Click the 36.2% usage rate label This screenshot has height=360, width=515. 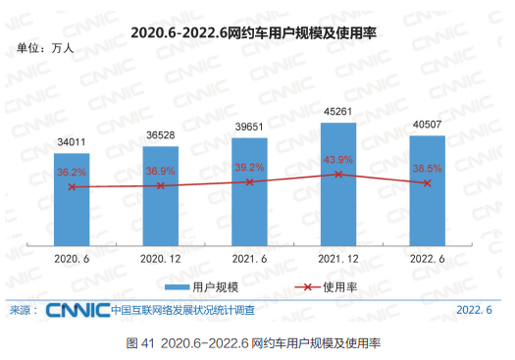pyautogui.click(x=72, y=172)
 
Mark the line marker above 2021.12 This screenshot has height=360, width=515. pyautogui.click(x=338, y=175)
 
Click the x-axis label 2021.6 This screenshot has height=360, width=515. pyautogui.click(x=250, y=259)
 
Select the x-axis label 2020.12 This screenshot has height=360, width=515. pyautogui.click(x=161, y=259)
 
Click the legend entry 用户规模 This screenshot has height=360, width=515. pyautogui.click(x=201, y=286)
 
